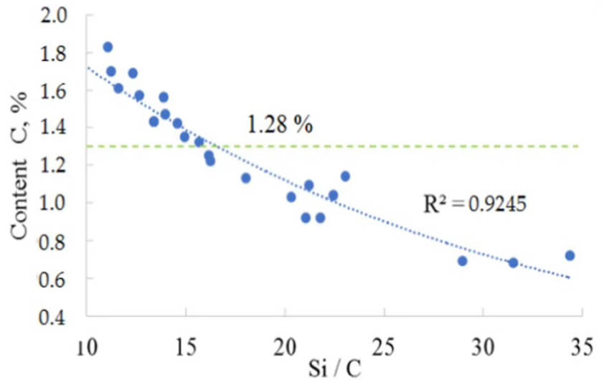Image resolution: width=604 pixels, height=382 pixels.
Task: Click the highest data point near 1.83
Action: pos(108,47)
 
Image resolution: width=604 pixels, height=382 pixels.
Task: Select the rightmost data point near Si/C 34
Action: pos(570,255)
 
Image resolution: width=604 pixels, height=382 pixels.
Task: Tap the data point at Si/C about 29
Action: pos(463,261)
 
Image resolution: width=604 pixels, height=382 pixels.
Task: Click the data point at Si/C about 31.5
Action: pos(513,262)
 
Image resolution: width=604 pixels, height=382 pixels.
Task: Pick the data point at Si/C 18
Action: pos(245,178)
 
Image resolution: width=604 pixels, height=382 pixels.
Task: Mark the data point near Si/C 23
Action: pos(345,176)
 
